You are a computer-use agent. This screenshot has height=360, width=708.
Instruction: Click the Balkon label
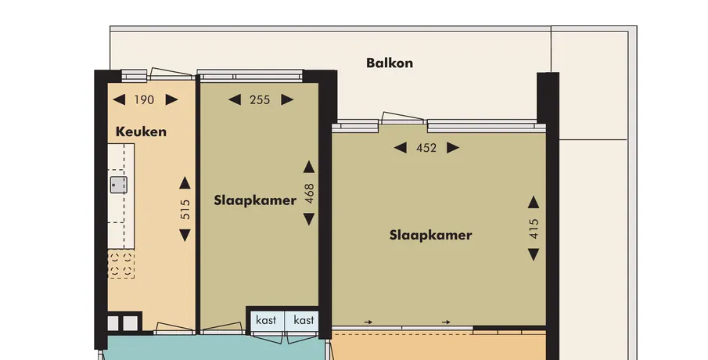(x=390, y=63)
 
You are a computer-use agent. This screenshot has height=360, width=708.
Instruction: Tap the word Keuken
(x=141, y=131)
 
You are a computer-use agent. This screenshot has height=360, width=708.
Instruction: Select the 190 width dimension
(x=144, y=100)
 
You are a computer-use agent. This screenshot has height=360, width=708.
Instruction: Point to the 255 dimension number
(x=260, y=100)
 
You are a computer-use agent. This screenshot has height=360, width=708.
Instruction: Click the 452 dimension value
(x=426, y=148)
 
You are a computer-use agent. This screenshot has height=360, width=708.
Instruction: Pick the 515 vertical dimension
(x=185, y=209)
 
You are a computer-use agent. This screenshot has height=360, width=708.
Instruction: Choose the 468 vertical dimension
(x=309, y=193)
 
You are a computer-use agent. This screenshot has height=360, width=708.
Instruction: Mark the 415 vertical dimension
(x=534, y=229)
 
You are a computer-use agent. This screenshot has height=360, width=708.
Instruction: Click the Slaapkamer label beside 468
(x=255, y=200)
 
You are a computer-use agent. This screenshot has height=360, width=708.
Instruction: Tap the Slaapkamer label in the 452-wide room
(x=431, y=235)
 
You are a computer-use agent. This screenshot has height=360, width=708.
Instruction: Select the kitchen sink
(x=119, y=185)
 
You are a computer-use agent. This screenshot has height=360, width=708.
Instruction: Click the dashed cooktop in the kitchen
(x=121, y=264)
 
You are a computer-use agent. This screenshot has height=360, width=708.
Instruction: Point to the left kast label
(x=266, y=320)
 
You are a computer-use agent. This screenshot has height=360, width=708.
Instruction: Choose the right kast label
(x=304, y=320)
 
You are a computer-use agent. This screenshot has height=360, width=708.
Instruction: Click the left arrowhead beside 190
(x=119, y=99)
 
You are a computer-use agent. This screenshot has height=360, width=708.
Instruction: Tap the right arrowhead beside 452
(x=453, y=148)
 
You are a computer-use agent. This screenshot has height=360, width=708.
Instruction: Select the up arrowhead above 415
(x=534, y=202)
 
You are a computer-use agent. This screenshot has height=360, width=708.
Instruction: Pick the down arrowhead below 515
(x=185, y=236)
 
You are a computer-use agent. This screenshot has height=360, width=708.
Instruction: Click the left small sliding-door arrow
(x=368, y=322)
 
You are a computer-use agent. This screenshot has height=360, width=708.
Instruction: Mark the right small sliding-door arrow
(x=446, y=322)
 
